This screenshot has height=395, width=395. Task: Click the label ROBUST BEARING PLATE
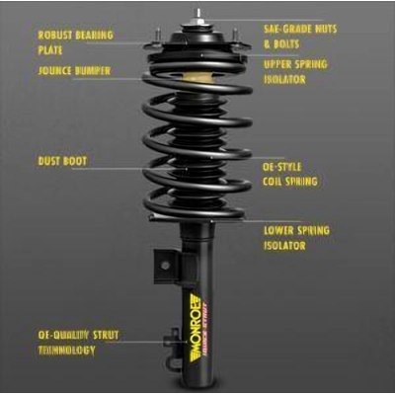75,41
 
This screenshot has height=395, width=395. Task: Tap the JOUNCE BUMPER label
74,71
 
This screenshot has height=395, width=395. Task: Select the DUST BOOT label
61,160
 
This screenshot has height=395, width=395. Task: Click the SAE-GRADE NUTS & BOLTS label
300,36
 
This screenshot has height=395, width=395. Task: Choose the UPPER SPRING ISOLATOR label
295,71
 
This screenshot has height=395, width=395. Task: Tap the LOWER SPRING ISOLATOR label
296,238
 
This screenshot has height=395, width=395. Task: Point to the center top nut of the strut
198,14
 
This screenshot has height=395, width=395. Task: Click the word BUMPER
91,71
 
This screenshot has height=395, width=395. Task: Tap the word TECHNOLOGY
67,351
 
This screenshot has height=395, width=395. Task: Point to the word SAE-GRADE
285,29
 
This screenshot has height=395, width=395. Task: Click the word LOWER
280,230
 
